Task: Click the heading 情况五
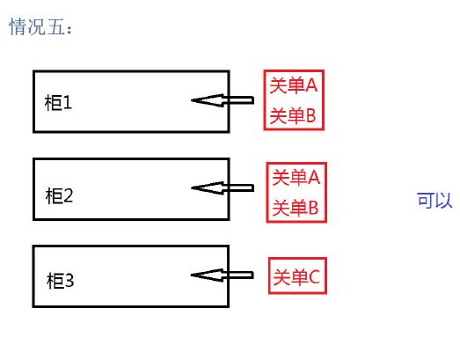(x=37, y=28)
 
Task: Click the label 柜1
(x=59, y=102)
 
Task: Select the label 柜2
(x=59, y=195)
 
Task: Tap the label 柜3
(x=60, y=282)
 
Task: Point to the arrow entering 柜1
(x=223, y=101)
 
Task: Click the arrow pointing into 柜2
(x=223, y=187)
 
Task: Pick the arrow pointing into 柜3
(x=223, y=276)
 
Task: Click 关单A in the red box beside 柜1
(x=292, y=85)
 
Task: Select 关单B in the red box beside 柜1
(x=292, y=115)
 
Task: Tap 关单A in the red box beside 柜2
(x=296, y=178)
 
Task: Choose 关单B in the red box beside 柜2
(x=296, y=209)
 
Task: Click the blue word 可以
(x=434, y=200)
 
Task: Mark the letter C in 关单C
(x=318, y=278)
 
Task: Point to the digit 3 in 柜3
(x=69, y=282)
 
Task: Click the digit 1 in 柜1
(x=68, y=102)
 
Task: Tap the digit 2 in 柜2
(x=69, y=195)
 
